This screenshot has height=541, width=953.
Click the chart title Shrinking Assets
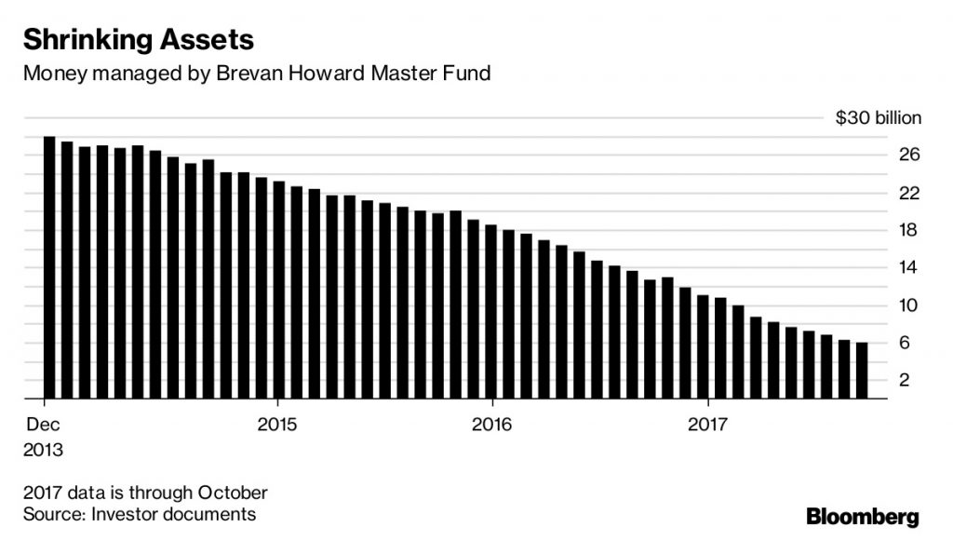[139, 40]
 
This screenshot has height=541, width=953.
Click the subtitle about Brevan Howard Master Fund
[256, 74]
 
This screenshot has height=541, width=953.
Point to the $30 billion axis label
[878, 118]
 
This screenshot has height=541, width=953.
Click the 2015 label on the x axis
[276, 426]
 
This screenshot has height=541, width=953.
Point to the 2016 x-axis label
[492, 426]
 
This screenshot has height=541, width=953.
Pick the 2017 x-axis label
[709, 426]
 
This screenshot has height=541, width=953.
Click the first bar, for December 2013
[49, 268]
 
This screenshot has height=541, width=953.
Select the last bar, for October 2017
[862, 371]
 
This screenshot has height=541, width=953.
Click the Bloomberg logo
[862, 515]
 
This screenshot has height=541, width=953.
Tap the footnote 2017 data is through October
[145, 492]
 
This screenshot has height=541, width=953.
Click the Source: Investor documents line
[140, 514]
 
